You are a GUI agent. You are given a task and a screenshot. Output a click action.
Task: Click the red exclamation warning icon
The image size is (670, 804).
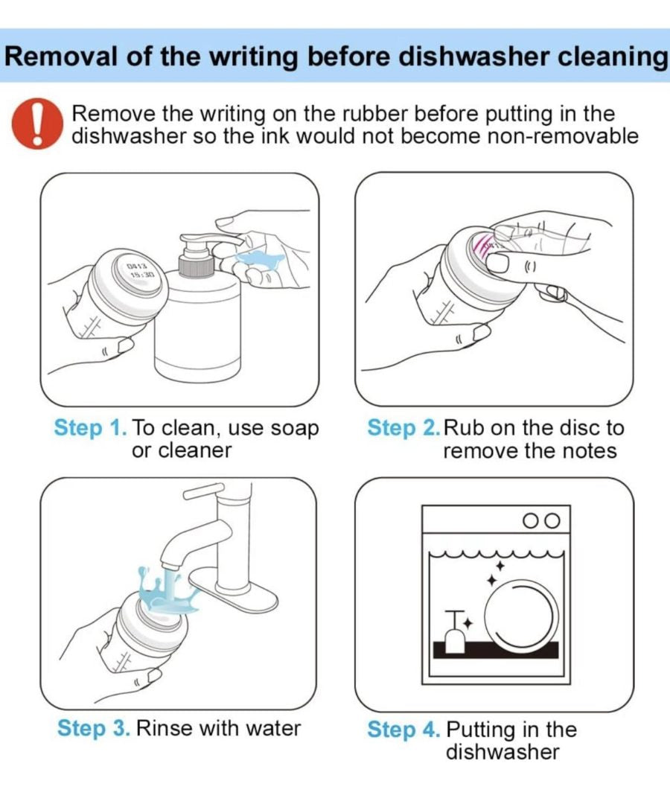37,124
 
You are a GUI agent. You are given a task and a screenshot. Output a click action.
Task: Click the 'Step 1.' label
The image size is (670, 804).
90,427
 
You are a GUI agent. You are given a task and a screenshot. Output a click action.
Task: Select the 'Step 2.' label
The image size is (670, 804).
403,427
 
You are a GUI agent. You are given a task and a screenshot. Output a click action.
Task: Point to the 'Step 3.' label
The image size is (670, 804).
94,728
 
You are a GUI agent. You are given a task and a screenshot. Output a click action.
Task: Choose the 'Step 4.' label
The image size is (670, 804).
404,729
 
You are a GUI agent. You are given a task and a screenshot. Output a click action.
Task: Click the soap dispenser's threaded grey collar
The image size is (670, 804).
197,266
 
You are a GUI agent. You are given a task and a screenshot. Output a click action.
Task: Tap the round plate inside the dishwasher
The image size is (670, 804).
520,613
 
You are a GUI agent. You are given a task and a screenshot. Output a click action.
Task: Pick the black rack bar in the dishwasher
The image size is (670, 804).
496,649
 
